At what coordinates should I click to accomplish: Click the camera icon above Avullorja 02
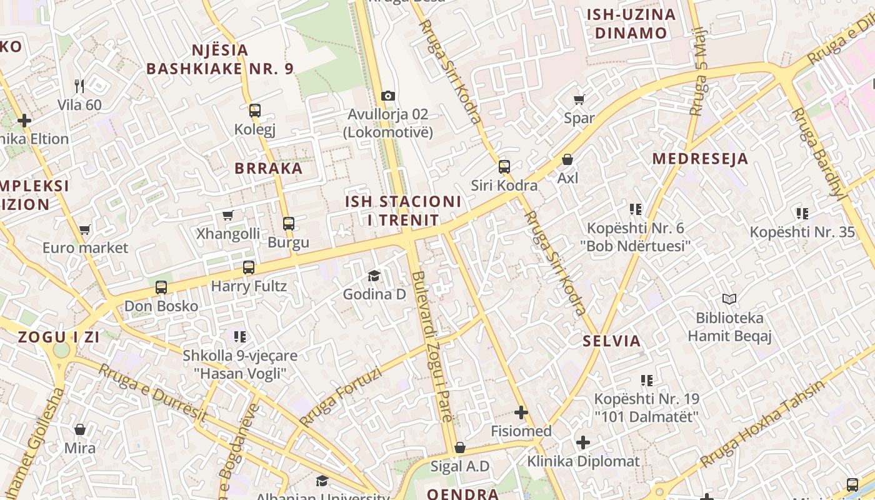point(388,96)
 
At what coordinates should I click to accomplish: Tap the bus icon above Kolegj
point(254,111)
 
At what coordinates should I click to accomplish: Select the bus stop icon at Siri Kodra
point(504,167)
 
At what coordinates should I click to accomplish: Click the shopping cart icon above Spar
point(579,99)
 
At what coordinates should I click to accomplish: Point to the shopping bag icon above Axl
point(567,159)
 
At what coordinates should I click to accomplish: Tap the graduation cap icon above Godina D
point(374,276)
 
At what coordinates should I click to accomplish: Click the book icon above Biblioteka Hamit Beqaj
point(729,299)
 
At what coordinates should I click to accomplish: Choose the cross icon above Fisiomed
point(521,412)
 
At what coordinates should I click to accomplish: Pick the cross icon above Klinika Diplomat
point(583,442)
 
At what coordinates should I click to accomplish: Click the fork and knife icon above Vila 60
point(79,86)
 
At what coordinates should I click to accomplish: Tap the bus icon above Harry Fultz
point(249,267)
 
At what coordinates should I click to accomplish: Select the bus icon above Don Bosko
point(161,287)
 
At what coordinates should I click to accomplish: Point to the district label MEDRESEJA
point(700,159)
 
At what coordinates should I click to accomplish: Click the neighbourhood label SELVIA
point(612,341)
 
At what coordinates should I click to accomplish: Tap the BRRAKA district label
point(269,168)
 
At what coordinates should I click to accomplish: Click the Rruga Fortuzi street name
point(340,397)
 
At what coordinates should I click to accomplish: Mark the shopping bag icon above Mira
point(80,429)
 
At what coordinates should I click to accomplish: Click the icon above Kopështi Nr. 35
point(802,214)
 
